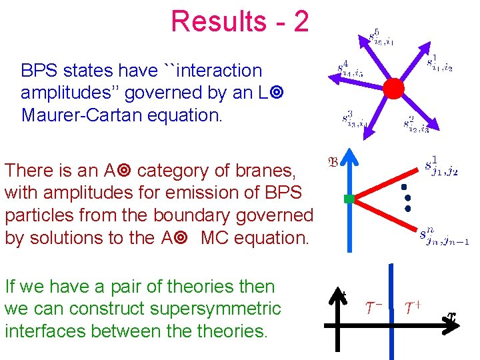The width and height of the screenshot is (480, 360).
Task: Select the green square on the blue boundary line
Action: (x=348, y=198)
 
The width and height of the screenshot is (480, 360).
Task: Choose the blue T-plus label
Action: (x=413, y=307)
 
